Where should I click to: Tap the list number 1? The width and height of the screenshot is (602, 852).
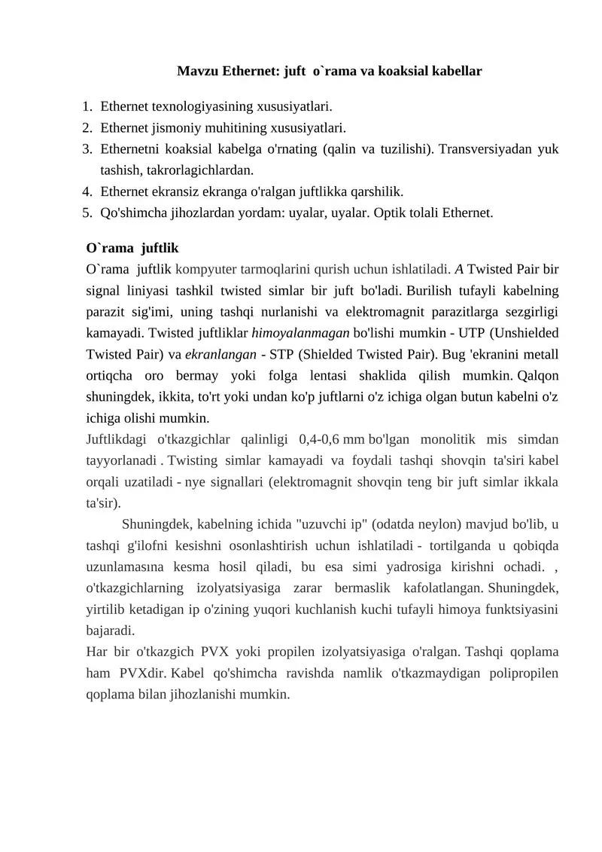point(87,107)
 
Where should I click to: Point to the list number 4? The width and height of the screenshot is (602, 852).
point(87,191)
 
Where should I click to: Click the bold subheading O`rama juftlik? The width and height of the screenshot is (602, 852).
point(132,247)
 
